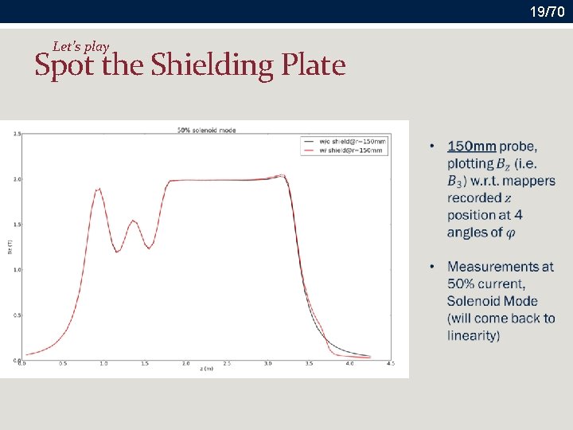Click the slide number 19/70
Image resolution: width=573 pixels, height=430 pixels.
(547, 11)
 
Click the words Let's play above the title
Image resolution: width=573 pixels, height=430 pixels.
(80, 46)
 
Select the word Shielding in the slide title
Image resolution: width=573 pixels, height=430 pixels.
(212, 64)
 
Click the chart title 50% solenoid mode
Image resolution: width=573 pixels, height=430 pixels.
(206, 130)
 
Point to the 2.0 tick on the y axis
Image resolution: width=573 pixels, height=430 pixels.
(16, 179)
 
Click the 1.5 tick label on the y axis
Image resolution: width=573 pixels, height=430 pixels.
(16, 225)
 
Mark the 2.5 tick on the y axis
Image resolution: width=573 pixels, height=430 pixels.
(16, 134)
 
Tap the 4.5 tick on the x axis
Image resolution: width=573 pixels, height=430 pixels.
(391, 364)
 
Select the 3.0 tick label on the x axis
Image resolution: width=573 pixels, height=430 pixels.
(267, 364)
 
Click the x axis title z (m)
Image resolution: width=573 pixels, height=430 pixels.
(206, 369)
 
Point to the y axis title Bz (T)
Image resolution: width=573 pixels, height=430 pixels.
(10, 247)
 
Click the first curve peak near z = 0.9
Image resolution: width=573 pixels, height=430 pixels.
(98, 189)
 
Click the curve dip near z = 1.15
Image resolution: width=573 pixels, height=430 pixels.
(117, 252)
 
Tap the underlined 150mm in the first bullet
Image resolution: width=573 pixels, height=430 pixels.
(472, 146)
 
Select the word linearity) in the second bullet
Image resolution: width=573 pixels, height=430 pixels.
(474, 335)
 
